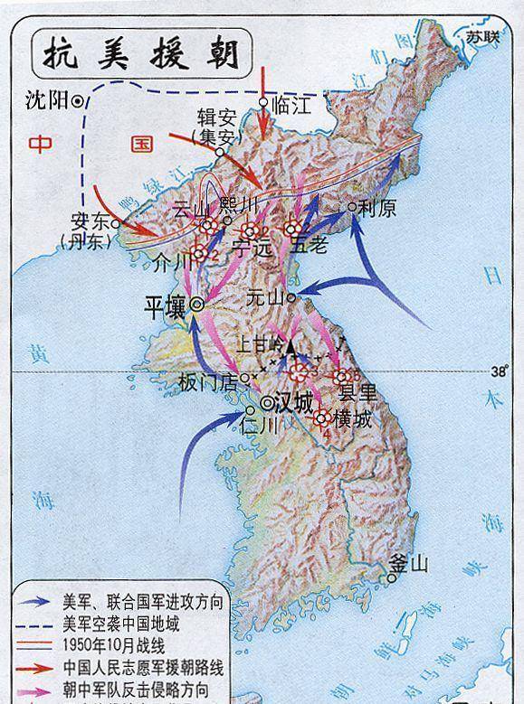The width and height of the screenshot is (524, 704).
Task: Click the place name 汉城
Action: (x=299, y=401)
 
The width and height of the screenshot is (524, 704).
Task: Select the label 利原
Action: (x=378, y=207)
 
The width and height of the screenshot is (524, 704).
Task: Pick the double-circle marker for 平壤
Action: (x=195, y=305)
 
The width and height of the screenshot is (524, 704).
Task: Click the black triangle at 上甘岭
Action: (x=291, y=346)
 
